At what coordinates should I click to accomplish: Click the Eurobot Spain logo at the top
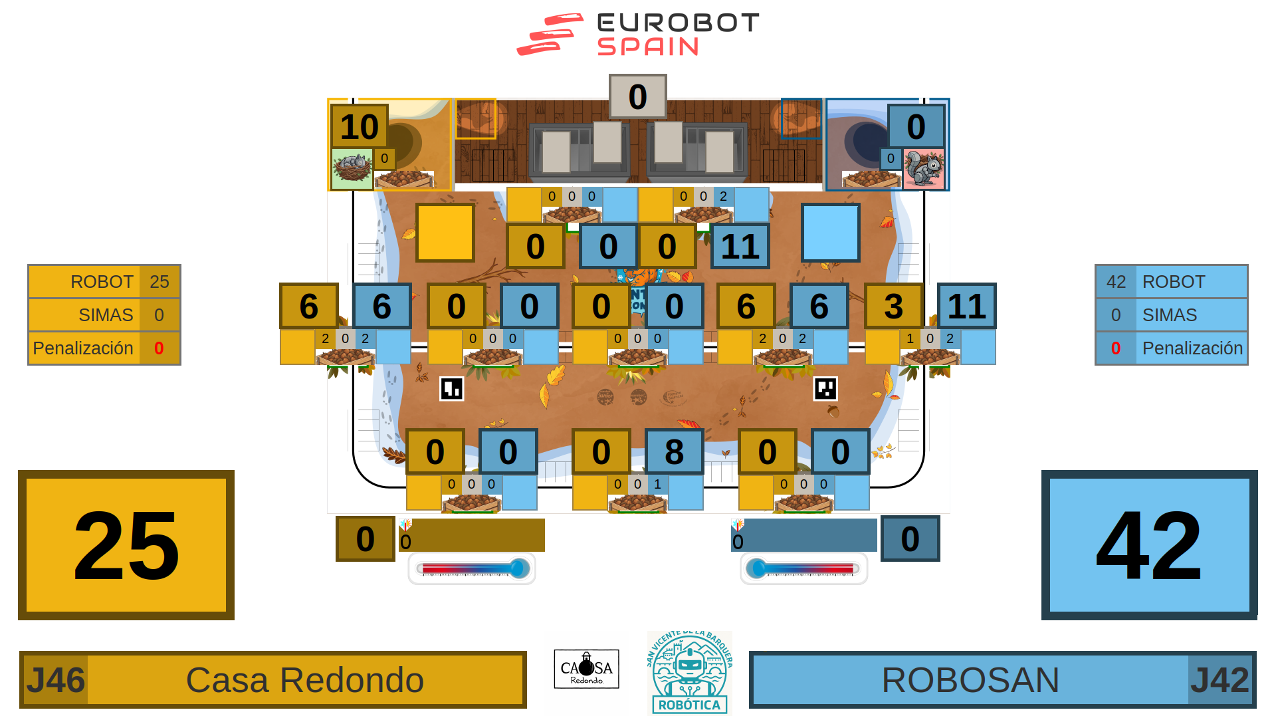tap(638, 35)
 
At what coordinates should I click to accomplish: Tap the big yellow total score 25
tap(126, 545)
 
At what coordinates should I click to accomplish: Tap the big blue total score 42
tap(1149, 545)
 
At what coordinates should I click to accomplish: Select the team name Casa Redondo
tap(305, 680)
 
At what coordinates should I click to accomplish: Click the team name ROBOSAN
tap(970, 680)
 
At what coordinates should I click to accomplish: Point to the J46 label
tap(55, 680)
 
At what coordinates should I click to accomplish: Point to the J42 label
tap(1220, 680)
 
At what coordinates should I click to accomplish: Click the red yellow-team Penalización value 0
tap(159, 348)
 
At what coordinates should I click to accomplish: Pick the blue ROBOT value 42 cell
tap(1116, 282)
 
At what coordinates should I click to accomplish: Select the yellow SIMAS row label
tap(106, 315)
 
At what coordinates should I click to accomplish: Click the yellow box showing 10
tap(360, 126)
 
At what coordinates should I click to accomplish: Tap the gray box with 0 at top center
tap(637, 97)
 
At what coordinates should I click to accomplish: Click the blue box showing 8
tap(674, 452)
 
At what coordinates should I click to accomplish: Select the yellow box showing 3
tap(893, 306)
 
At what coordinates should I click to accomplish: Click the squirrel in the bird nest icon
tap(352, 168)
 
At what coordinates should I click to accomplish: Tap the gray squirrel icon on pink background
tap(924, 168)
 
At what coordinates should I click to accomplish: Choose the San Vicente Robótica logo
tap(690, 671)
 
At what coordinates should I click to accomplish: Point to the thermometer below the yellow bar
tap(472, 569)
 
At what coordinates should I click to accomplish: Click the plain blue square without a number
tap(830, 233)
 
